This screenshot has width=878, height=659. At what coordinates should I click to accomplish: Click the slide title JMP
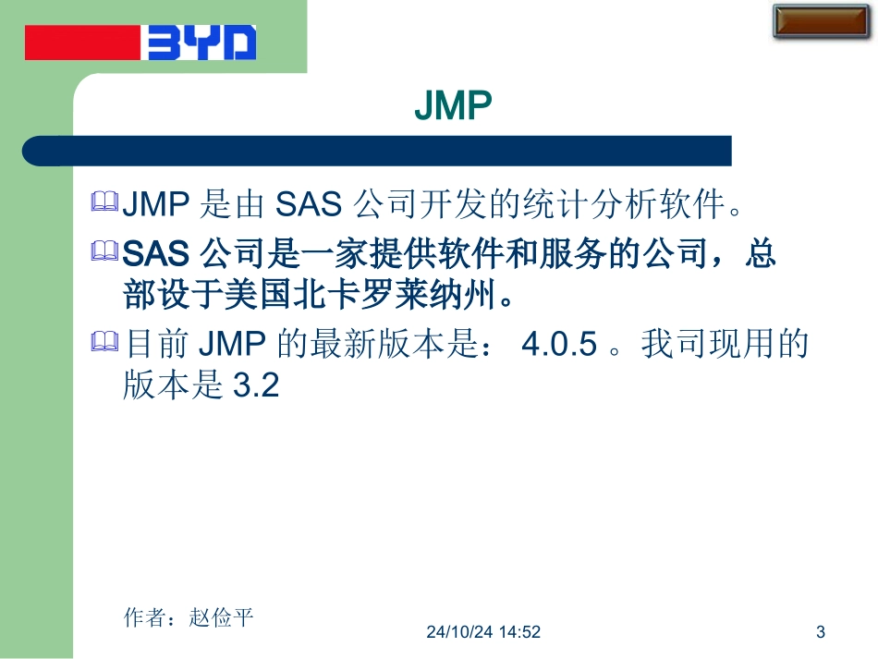point(453,107)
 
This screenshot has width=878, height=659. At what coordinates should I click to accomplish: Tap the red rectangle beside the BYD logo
point(83,43)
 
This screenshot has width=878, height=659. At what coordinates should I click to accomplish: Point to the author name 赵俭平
point(221,617)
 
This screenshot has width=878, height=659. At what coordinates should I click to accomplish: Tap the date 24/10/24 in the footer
point(459,632)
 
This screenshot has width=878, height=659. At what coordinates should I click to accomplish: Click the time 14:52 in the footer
point(520,632)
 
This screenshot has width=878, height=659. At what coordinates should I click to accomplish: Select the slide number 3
point(821,632)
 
